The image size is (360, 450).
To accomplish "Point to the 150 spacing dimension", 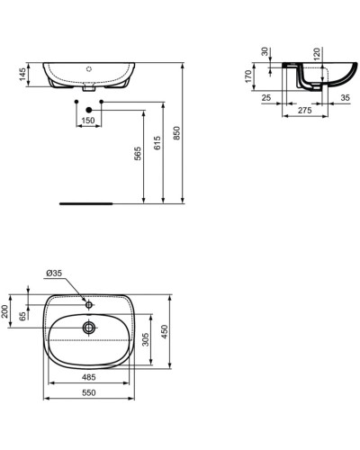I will point(87,119).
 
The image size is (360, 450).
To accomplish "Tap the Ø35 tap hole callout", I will point(56,271).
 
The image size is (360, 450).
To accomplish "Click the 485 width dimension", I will point(85,376).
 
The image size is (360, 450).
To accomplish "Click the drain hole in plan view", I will point(89,327).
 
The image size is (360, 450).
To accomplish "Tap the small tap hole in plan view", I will point(89,302).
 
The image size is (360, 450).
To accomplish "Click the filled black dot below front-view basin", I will point(88,109).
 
